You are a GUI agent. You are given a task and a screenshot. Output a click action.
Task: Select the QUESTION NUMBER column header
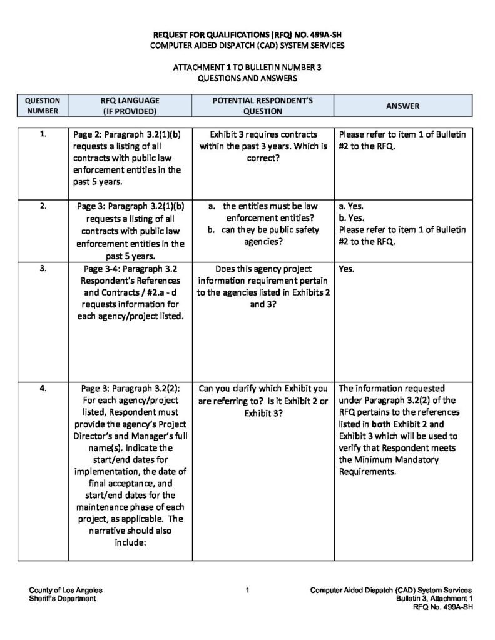pos(43,106)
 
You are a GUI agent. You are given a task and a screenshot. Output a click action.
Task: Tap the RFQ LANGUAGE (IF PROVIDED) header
pos(130,106)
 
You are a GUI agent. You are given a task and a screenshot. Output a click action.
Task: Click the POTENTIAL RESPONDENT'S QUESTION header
pos(263,106)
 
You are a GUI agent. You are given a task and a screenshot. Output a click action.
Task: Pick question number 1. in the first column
pos(43,134)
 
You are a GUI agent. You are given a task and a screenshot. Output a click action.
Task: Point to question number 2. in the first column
pos(43,206)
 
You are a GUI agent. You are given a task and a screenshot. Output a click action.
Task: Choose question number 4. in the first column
pos(43,388)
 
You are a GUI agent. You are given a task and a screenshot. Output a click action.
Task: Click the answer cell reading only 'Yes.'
pos(346,270)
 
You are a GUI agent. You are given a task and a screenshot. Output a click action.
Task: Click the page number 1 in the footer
pos(248,590)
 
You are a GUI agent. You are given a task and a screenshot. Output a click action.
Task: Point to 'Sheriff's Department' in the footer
pos(63,598)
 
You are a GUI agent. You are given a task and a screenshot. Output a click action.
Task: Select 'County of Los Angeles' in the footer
pos(66,590)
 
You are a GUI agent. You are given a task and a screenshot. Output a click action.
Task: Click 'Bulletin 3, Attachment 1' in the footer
pos(434,598)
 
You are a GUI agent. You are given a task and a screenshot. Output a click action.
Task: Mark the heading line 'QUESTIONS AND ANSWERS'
pos(248,79)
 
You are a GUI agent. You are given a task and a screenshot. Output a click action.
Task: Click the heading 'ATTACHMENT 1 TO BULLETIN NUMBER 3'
pos(248,67)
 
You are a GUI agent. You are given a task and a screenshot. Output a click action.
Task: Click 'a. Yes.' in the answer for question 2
pos(350,206)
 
